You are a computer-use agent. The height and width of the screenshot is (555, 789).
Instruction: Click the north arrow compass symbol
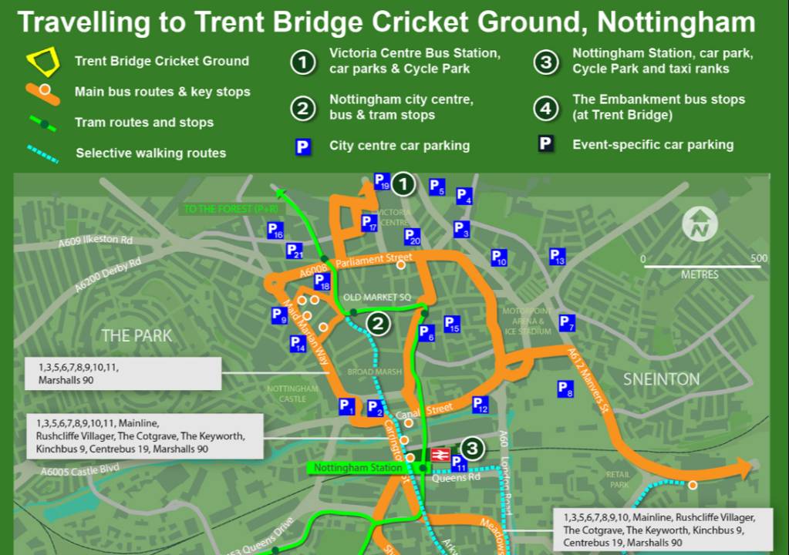click(x=700, y=224)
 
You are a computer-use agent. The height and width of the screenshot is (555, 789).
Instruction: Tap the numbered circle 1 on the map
click(x=403, y=184)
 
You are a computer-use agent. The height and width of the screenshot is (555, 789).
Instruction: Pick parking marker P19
click(x=381, y=180)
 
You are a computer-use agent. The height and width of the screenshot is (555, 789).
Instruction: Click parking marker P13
click(x=557, y=257)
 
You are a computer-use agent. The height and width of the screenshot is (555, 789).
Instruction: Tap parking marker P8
click(x=565, y=389)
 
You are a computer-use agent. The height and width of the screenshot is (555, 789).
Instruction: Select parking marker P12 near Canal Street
click(x=480, y=404)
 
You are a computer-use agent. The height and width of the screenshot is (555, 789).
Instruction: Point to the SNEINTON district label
click(x=661, y=378)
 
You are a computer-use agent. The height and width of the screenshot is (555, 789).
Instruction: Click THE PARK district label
click(x=137, y=335)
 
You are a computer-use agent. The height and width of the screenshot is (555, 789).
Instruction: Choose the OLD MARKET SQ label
click(x=377, y=297)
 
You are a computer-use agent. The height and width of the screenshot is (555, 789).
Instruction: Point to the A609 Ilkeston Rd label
click(x=96, y=241)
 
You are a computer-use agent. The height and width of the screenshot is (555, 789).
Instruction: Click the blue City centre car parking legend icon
click(x=303, y=146)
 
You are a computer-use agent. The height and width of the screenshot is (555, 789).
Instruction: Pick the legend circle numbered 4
click(x=546, y=108)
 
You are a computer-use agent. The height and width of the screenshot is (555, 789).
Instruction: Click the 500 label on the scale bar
click(x=758, y=258)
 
